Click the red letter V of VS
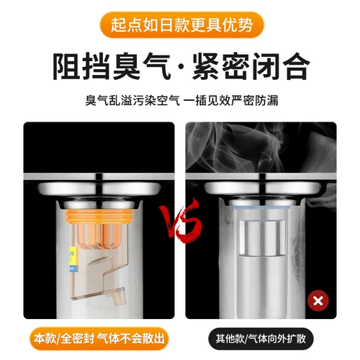click(x=171, y=227)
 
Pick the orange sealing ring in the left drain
click(x=99, y=214)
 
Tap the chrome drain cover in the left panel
click(x=99, y=189)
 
